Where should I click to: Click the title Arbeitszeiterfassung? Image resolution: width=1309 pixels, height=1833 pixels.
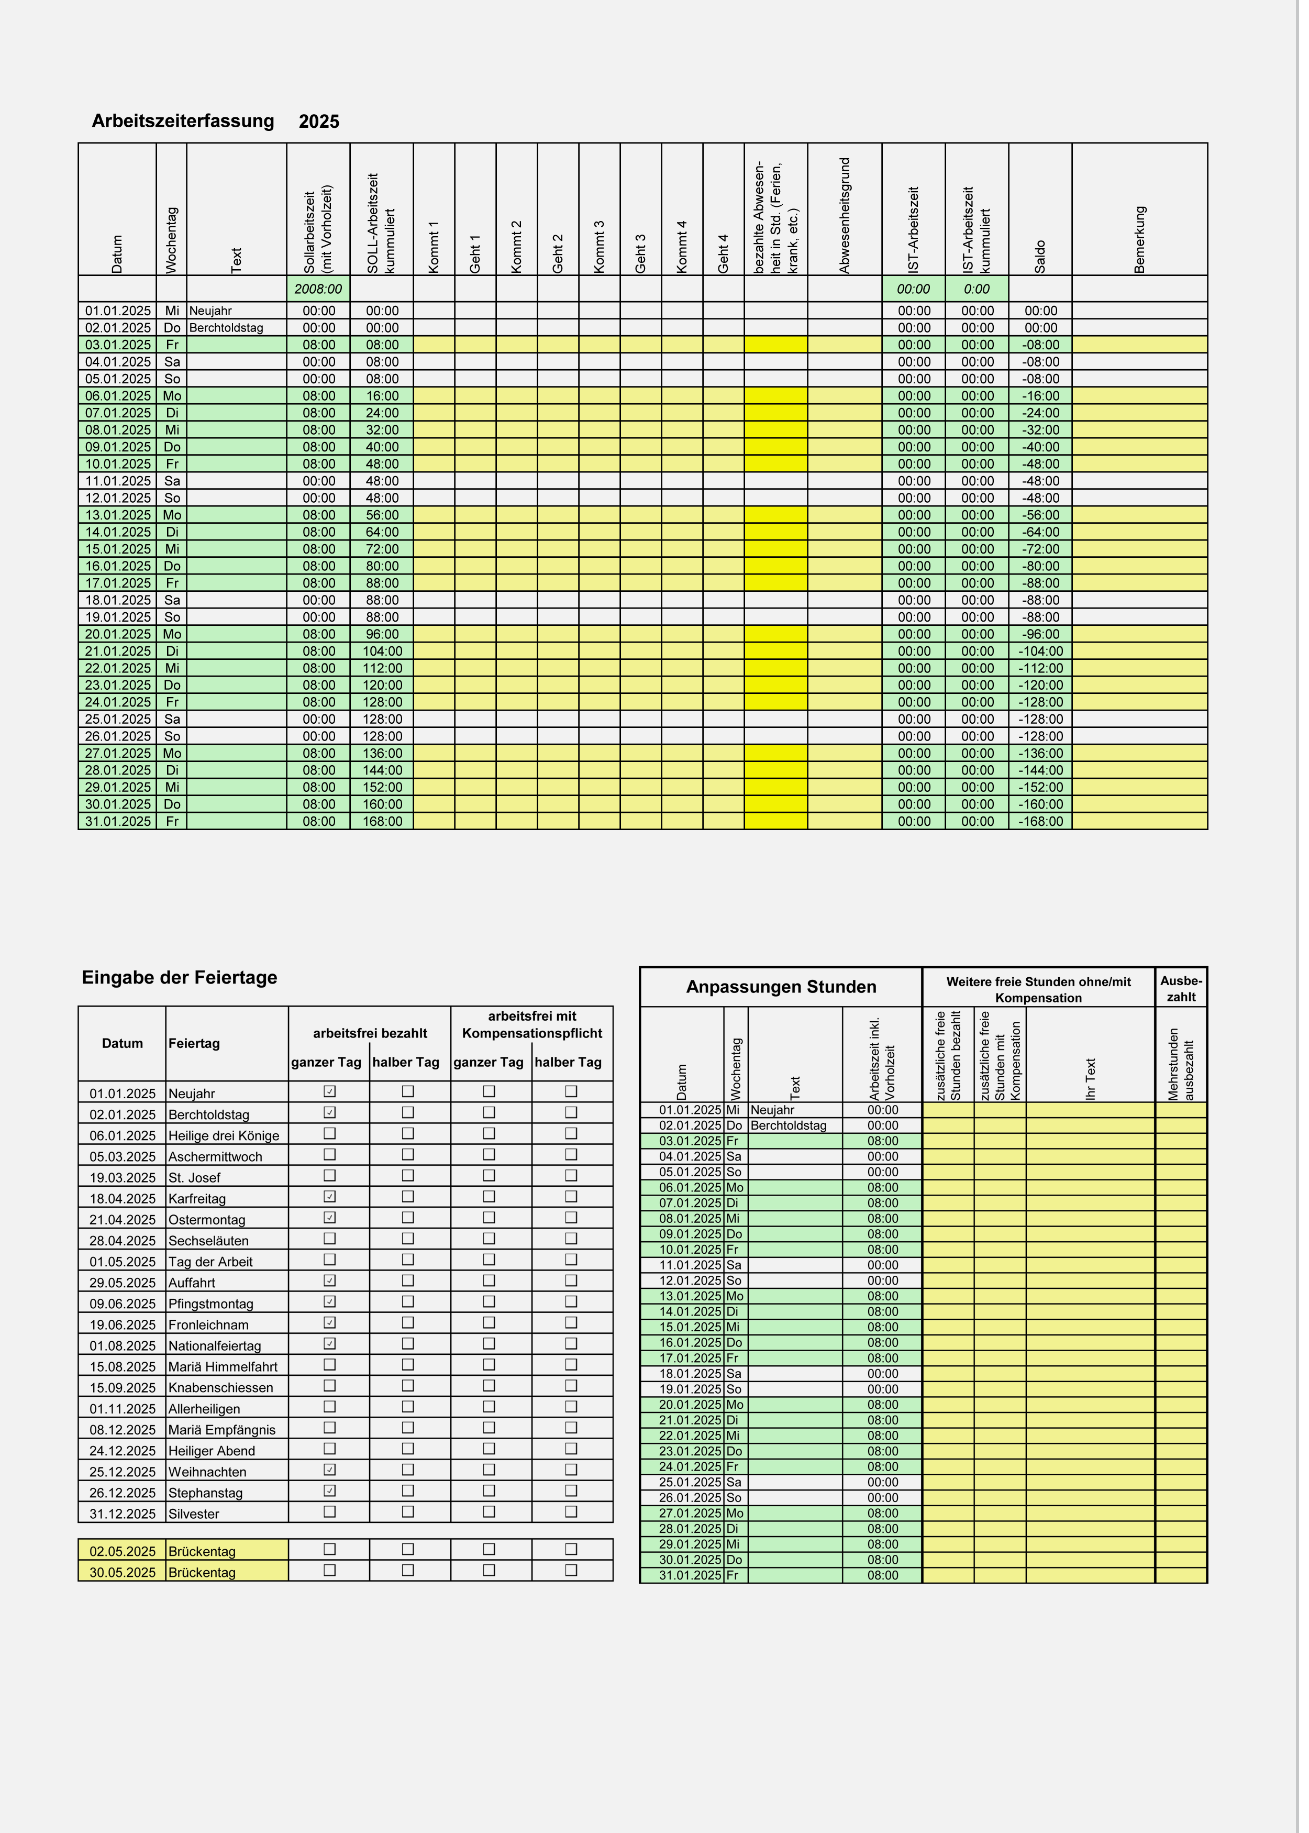pos(183,121)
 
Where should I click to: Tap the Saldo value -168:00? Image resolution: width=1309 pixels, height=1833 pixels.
pos(1040,821)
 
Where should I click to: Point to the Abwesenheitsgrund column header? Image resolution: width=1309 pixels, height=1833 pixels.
pos(845,216)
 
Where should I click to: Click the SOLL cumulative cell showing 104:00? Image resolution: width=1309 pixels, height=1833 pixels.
pos(382,652)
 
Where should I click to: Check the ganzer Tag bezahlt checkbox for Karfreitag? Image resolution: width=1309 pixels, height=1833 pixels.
pos(329,1197)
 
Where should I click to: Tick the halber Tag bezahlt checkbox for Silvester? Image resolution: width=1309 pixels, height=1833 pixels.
pos(408,1512)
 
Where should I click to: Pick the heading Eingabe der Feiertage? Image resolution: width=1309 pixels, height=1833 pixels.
pos(179,978)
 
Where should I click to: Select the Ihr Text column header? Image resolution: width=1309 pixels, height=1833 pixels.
pos(1091,1079)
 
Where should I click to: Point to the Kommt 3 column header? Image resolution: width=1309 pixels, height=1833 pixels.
pos(599,247)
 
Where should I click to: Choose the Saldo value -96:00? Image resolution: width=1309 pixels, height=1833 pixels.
pos(1040,634)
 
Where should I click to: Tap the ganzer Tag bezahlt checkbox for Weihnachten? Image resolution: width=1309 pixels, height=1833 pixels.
pos(329,1470)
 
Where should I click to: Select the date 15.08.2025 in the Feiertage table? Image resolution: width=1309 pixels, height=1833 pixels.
pos(123,1366)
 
